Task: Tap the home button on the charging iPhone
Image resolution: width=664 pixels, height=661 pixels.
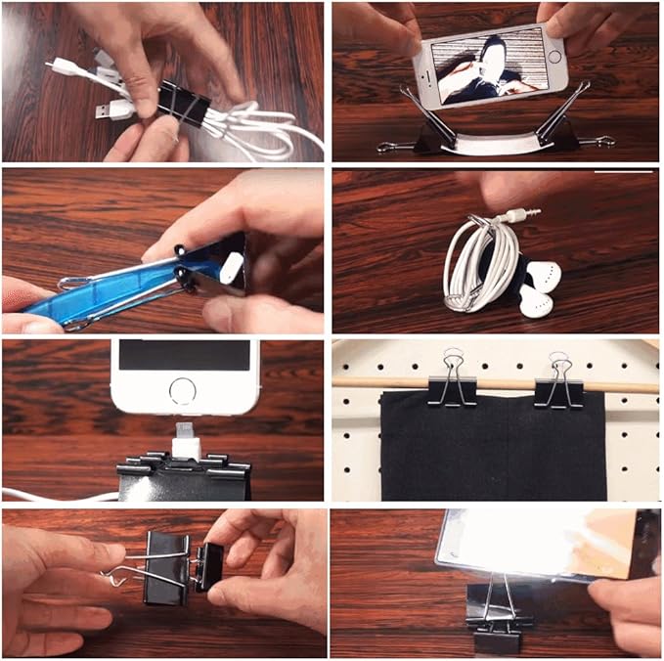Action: (184, 392)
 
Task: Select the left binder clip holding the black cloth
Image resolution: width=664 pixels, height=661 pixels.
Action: (452, 381)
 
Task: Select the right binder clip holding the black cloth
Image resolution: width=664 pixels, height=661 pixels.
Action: (558, 383)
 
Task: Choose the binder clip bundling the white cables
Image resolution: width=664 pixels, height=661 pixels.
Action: (183, 102)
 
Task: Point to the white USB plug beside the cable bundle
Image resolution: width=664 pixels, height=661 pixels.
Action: (115, 110)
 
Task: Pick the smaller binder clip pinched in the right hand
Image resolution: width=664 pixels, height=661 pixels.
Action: (209, 567)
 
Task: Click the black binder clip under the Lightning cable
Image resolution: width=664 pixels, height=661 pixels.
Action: (186, 477)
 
